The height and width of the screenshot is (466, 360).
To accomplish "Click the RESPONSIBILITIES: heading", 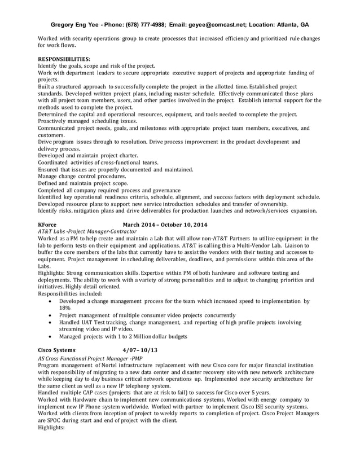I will [64, 59].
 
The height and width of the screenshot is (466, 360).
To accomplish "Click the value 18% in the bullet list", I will [65, 308].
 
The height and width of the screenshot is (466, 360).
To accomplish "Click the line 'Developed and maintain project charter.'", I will [87, 155].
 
